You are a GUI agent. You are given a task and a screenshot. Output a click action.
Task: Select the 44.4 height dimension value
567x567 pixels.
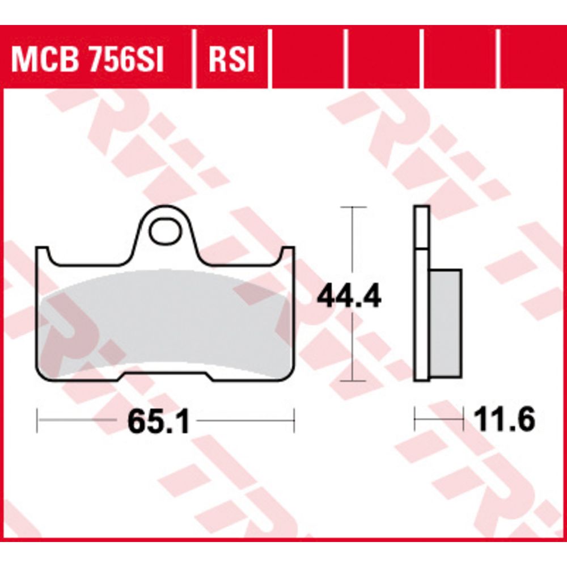pos(349,297)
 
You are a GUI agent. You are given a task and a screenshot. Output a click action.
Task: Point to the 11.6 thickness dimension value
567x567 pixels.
pos(505,420)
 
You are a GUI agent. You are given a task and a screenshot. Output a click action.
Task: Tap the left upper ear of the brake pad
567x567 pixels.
pos(43,255)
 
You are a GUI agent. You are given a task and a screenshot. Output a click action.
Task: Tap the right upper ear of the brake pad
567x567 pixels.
pos(288,255)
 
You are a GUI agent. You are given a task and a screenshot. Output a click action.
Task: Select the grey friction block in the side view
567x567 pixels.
pos(446,324)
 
